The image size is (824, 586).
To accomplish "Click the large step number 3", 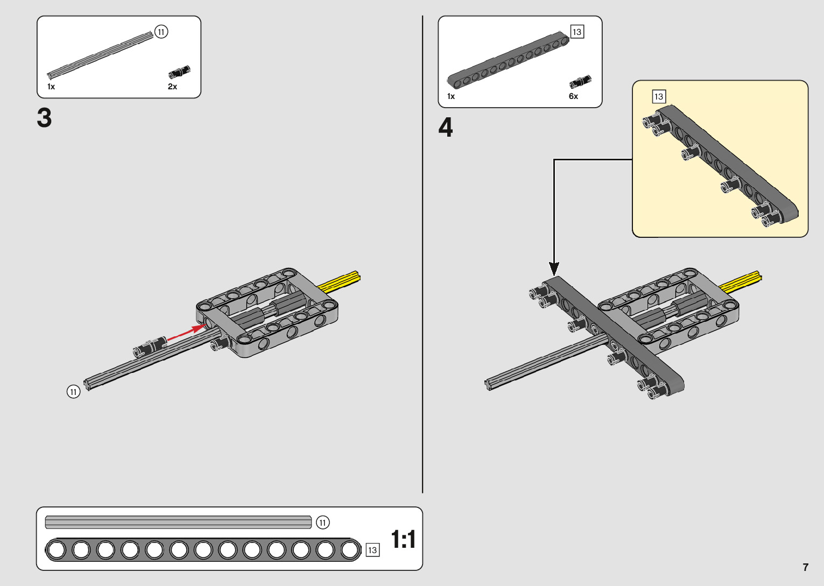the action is [45, 118].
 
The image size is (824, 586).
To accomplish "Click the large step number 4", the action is [446, 128].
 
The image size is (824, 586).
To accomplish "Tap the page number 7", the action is [805, 567].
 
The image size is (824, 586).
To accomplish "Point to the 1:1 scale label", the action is [403, 539].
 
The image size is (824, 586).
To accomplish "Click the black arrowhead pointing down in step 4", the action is [554, 268].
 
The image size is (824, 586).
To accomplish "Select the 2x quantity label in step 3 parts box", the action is [172, 87].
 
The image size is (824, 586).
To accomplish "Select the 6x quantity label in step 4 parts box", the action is [573, 96].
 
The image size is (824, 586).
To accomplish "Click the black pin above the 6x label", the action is [580, 82].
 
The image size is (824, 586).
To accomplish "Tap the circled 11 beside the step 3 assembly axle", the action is [73, 392].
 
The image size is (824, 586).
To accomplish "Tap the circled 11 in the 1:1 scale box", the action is [322, 523].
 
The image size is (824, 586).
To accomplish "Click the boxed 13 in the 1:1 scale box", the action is [372, 550].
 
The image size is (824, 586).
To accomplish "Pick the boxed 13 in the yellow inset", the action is [659, 97].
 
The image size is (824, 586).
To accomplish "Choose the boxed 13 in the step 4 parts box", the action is [577, 32].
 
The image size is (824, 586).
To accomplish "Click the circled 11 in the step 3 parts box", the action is [161, 32].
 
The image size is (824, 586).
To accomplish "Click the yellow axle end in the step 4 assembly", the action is [743, 281].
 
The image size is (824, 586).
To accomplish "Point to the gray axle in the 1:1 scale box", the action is [178, 522].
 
